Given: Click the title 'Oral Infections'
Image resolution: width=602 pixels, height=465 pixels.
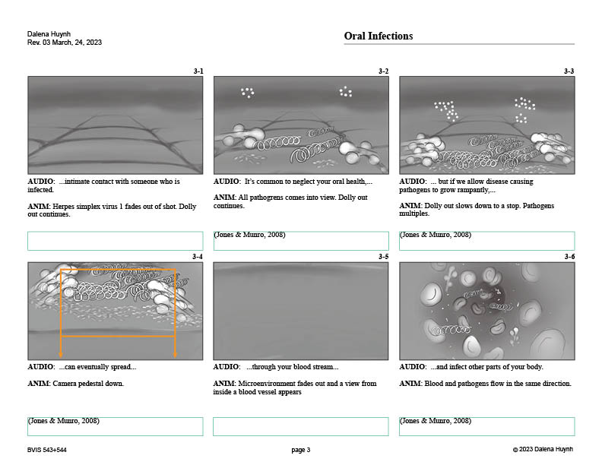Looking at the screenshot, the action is point(379,36).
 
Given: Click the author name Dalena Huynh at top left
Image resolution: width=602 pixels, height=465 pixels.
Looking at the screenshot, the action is point(49,33).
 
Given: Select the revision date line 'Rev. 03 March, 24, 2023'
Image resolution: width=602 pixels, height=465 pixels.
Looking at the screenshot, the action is point(65,43).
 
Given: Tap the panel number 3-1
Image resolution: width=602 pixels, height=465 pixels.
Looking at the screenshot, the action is point(198,71).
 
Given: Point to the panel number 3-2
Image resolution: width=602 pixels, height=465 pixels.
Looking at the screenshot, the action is point(384,71).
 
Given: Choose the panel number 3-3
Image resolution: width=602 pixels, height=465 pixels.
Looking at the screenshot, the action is point(569,71).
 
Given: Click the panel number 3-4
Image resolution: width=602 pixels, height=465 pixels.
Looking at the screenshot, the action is point(198,257).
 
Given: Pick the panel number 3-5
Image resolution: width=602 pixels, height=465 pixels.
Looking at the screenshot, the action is point(384,257).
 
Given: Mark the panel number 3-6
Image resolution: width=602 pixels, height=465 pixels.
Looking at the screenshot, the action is point(570,257).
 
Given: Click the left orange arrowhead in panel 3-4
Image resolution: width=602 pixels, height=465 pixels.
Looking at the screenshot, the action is point(61,355).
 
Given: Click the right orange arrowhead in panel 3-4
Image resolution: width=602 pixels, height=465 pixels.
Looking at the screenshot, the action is point(175,355).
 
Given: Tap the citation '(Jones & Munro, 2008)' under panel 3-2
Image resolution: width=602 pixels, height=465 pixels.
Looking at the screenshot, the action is point(249,235).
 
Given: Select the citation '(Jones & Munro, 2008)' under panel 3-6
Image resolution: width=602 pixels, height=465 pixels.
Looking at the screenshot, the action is point(436,420).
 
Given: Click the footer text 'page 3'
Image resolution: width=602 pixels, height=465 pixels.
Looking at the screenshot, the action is point(300,450).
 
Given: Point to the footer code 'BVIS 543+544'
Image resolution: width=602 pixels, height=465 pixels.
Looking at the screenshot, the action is point(47,450).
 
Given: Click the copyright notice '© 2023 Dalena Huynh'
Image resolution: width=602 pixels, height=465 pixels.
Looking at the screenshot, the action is point(543,449).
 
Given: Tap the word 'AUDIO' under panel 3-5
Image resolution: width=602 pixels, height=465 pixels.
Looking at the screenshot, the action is point(226,367).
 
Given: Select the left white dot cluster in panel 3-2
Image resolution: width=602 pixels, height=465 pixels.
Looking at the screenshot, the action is point(247,93).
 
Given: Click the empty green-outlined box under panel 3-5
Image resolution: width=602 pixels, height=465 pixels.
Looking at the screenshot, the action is point(300,426).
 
